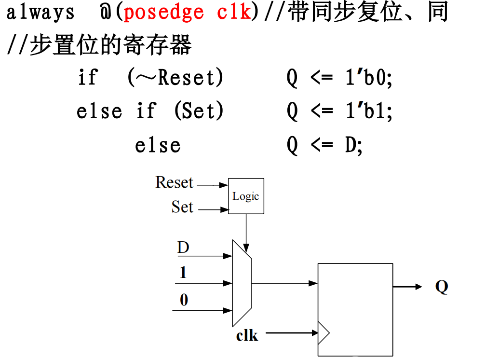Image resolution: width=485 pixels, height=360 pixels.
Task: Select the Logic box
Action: [246, 196]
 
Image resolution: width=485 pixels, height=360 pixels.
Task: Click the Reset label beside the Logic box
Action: [174, 182]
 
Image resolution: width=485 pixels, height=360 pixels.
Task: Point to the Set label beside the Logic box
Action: [182, 207]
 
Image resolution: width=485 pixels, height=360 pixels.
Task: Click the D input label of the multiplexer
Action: [183, 248]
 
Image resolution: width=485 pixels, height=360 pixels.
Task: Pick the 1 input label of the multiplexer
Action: [183, 273]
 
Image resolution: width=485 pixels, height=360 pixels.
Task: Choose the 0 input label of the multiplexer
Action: [184, 300]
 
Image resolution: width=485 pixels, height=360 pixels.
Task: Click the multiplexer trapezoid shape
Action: [241, 283]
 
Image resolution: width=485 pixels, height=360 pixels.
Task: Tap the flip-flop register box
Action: [355, 309]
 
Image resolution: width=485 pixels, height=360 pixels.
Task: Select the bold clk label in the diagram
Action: [247, 335]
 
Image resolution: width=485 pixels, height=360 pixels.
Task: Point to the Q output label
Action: [442, 287]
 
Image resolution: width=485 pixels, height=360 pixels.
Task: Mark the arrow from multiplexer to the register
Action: [284, 283]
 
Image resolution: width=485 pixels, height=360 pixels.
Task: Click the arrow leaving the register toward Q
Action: [407, 287]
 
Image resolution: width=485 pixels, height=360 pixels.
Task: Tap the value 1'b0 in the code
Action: [369, 77]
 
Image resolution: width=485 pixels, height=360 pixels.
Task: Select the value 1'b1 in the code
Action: [369, 111]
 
